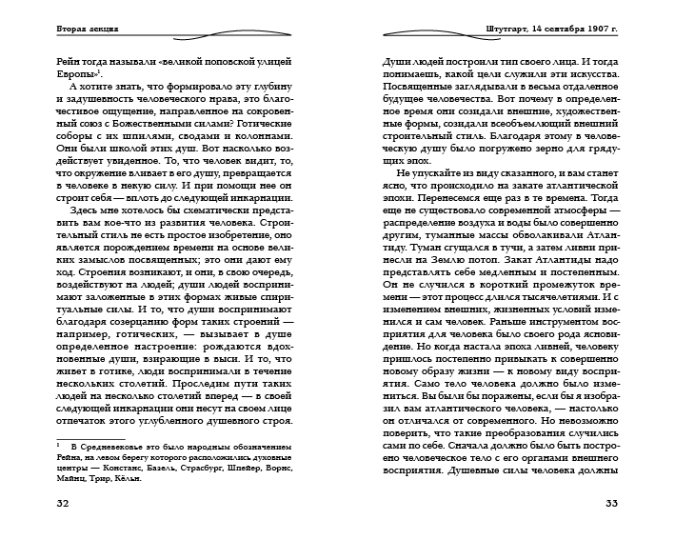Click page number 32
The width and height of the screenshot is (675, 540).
64,502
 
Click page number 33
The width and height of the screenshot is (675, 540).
611,502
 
